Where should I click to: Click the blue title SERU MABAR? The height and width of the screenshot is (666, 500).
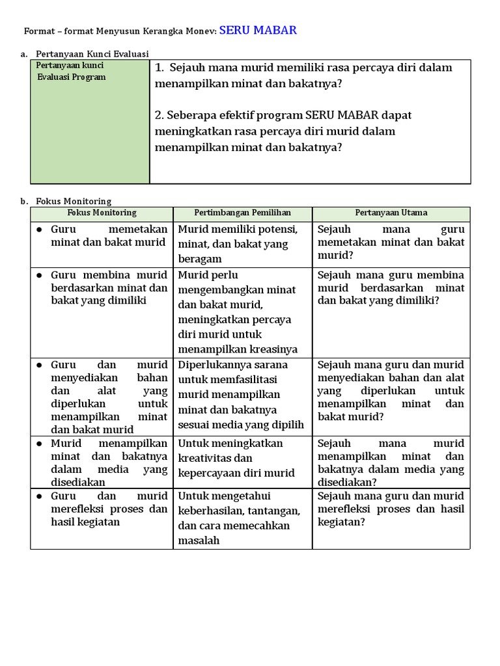[x=258, y=30]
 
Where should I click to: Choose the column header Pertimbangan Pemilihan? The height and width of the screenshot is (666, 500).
[x=242, y=213]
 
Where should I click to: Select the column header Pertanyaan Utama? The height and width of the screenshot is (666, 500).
[x=391, y=213]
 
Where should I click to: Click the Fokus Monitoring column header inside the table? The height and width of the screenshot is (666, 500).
[x=102, y=213]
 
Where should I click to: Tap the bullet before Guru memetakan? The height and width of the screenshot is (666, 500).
[x=39, y=230]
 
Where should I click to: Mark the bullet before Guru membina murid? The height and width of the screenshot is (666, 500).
[x=39, y=275]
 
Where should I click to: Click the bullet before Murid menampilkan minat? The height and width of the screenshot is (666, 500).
[x=39, y=444]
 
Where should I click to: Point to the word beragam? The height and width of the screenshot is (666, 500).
[x=200, y=259]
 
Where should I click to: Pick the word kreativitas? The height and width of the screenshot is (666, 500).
[x=204, y=459]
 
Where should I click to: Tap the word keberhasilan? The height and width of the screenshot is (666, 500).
[x=209, y=511]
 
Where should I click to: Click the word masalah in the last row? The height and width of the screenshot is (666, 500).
[x=199, y=540]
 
